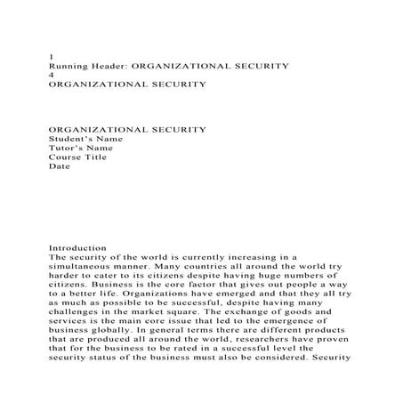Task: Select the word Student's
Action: coord(69,139)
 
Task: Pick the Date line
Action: coord(58,165)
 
